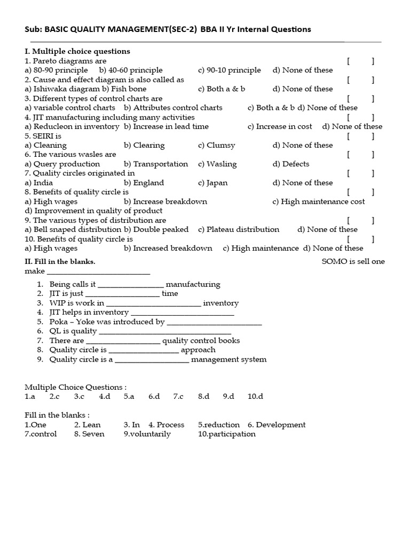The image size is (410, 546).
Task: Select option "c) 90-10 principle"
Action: click(229, 70)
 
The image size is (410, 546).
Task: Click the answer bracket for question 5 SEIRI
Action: click(360, 136)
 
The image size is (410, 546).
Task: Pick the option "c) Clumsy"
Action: click(216, 145)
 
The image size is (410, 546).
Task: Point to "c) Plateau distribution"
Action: click(238, 229)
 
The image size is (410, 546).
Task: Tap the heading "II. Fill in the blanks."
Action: click(60, 262)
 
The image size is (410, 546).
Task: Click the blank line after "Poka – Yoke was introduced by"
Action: click(214, 323)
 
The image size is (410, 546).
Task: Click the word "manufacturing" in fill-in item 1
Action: click(193, 285)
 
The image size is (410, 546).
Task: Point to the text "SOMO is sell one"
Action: click(353, 261)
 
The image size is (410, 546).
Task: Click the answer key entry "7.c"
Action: click(178, 397)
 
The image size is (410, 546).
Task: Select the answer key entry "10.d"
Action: click(255, 397)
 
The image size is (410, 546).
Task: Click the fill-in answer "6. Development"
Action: click(276, 425)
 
